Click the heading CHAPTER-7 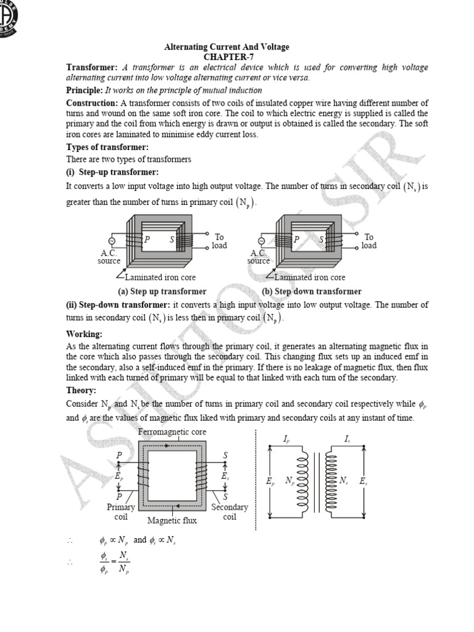click(x=226, y=57)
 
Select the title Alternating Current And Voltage click(x=226, y=47)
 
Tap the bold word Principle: click(x=88, y=90)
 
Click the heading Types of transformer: click(x=107, y=148)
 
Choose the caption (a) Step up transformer click(x=162, y=291)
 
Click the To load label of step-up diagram click(x=219, y=241)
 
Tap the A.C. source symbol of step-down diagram click(x=262, y=241)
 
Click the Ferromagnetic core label click(x=172, y=431)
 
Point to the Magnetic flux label click(x=172, y=521)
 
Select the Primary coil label click(x=120, y=512)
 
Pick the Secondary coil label click(x=229, y=512)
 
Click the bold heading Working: click(x=84, y=334)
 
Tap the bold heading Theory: click(x=81, y=391)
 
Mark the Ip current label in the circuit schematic click(x=286, y=439)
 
